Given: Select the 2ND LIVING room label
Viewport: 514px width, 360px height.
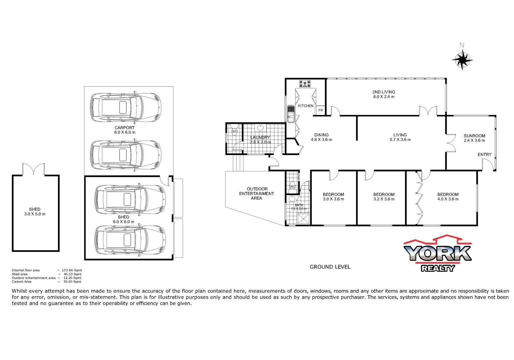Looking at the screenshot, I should [384, 92].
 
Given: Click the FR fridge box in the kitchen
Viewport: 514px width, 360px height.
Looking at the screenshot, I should [321, 110].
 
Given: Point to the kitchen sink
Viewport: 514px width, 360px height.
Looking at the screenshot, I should [291, 114].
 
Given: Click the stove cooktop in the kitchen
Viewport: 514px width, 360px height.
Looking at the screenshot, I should [305, 84].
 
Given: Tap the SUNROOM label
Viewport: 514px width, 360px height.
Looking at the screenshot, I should [474, 136].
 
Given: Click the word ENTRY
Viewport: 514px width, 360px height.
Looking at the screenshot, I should [484, 154].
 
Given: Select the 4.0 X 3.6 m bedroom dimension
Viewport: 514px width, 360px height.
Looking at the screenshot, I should [448, 199].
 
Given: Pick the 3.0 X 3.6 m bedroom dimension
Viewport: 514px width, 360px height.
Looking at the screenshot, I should [333, 199].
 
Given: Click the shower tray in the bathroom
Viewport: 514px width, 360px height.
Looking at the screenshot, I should [303, 219].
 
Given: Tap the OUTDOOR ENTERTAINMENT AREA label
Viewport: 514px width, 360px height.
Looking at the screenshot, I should [256, 194].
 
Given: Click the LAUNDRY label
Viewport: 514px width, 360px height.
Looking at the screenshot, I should [260, 137].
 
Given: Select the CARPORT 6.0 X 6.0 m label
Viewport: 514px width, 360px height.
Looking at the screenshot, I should [125, 130].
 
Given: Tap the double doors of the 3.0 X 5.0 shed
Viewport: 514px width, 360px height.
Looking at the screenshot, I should [33, 169].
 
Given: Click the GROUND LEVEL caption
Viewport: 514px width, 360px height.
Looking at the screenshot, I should [330, 267].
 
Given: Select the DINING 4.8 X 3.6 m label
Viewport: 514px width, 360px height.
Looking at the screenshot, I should [321, 137].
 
